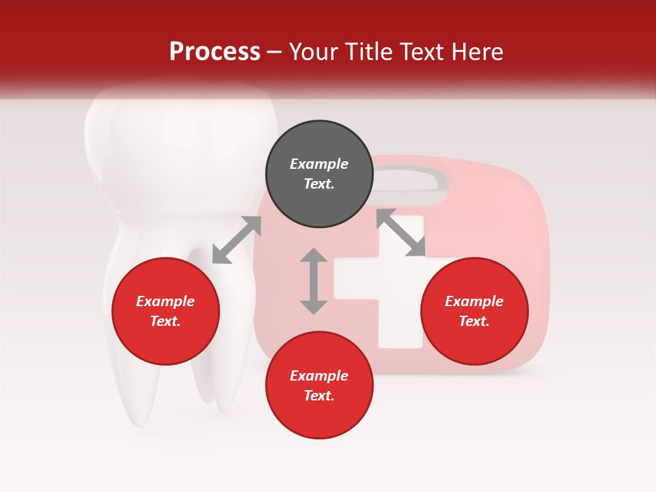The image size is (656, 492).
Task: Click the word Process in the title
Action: click(x=215, y=52)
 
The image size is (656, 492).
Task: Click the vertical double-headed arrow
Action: click(x=314, y=281)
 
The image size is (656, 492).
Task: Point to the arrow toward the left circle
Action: click(x=236, y=240)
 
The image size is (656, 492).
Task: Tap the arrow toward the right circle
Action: click(x=401, y=233)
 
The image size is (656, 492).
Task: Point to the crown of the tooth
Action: click(x=178, y=150)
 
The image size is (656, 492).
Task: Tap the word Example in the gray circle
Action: click(x=319, y=164)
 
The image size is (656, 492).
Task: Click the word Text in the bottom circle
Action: click(x=319, y=396)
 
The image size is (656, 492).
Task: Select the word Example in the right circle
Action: click(x=474, y=301)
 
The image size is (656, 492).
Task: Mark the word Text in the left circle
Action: click(x=165, y=321)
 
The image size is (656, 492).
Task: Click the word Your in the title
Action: click(x=313, y=52)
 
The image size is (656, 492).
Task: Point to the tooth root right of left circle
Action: click(x=222, y=383)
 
